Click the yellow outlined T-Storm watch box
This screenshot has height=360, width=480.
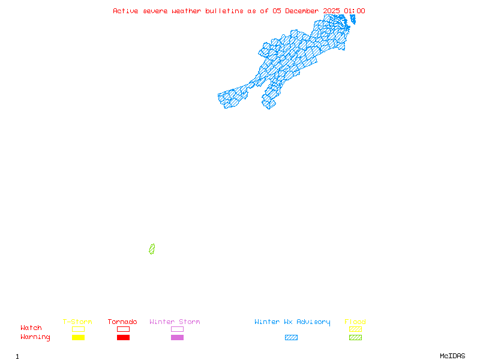click(x=78, y=329)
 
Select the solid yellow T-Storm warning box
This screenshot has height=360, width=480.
click(x=78, y=338)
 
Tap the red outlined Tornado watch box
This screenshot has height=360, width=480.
click(x=123, y=329)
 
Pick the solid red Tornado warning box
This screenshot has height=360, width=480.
click(x=123, y=338)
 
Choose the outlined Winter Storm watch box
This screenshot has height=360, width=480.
click(x=177, y=329)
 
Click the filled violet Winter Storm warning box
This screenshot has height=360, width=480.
click(x=177, y=338)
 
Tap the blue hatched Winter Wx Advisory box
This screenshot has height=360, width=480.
click(x=291, y=338)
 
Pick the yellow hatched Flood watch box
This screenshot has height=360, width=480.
click(x=355, y=329)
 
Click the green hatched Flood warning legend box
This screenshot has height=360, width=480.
click(x=355, y=338)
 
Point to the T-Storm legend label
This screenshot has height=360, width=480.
click(x=77, y=322)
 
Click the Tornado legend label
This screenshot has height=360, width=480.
click(x=122, y=322)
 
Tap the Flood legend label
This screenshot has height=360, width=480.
click(x=355, y=322)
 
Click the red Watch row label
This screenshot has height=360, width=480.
click(x=31, y=328)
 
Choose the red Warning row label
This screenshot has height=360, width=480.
click(x=35, y=337)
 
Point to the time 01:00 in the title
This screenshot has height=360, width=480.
click(x=355, y=11)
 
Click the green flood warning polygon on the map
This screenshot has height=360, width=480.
click(x=152, y=249)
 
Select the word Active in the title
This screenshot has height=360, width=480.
click(x=126, y=11)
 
